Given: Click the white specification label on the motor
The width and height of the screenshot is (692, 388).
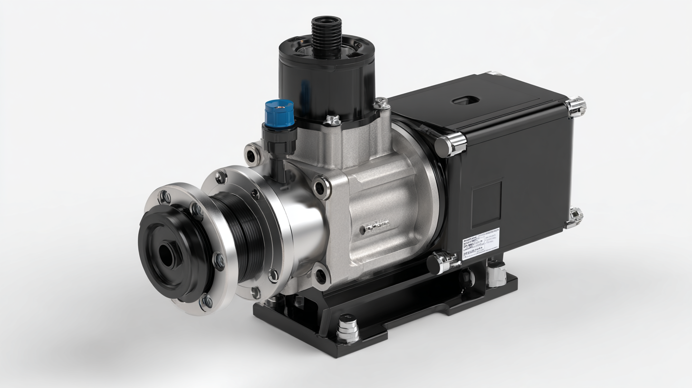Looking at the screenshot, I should pos(481,242).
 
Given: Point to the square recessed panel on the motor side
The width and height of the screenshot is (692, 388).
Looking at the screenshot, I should pos(486,204).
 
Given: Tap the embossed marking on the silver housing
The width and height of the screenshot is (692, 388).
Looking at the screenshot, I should pos(375,227).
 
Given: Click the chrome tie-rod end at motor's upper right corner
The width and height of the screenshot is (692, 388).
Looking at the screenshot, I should pos(576,107).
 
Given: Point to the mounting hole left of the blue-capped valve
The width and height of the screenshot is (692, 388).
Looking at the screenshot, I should pos(252,154).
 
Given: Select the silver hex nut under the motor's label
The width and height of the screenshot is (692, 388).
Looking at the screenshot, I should pos(496,275).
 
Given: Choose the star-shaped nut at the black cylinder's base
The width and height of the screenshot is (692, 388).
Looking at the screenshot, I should pos(332,120).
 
